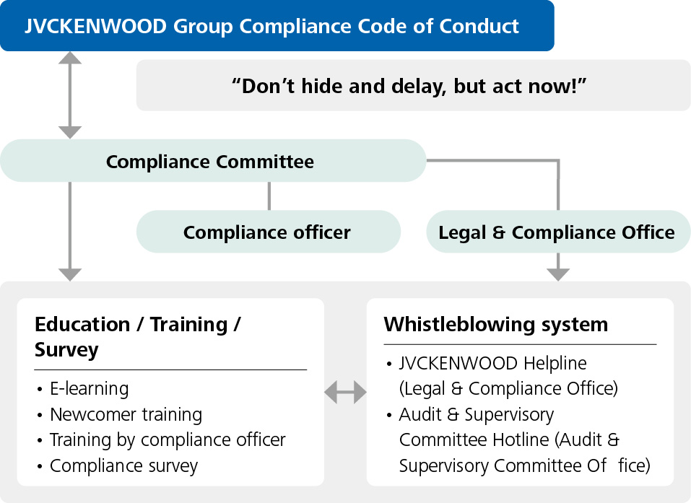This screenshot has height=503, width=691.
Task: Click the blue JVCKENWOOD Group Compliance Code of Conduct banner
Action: [277, 25]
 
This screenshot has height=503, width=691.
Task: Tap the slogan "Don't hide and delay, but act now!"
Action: [409, 86]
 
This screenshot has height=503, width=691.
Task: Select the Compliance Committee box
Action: [213, 161]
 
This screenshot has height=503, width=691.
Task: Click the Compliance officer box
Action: [269, 232]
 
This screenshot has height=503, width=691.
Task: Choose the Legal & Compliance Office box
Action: [558, 232]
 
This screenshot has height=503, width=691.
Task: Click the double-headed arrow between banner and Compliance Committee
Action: [69, 95]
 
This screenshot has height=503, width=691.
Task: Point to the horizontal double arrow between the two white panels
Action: [345, 392]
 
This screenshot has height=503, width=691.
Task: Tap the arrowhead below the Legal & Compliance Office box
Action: [558, 274]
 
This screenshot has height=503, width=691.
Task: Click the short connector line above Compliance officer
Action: [269, 196]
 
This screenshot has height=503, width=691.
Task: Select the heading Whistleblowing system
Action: [496, 325]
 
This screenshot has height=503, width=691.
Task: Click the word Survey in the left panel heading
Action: [66, 350]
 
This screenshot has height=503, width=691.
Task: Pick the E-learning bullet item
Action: [89, 389]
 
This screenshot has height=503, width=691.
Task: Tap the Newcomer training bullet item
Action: [126, 414]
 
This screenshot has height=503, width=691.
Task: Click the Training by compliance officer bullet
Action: [168, 440]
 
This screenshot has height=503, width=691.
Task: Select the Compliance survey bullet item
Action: [124, 466]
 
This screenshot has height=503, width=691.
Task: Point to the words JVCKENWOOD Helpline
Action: [492, 364]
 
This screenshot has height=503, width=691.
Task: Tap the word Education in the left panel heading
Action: [82, 324]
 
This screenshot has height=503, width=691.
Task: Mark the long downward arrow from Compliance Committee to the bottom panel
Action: [69, 232]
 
